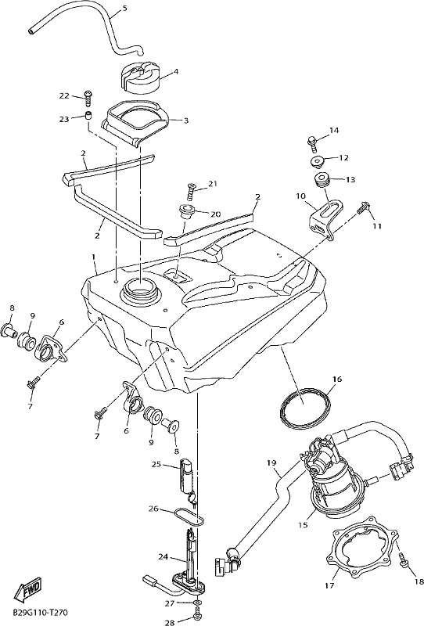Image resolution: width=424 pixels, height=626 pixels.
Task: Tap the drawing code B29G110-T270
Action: click(39, 612)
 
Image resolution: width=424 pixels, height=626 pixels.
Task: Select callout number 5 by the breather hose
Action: click(125, 8)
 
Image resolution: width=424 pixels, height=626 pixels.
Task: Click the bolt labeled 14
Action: click(313, 142)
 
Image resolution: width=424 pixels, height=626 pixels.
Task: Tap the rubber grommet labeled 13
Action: click(321, 179)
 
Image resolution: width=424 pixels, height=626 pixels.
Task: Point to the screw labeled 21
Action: click(192, 191)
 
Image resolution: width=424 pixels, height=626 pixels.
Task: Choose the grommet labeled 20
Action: click(185, 210)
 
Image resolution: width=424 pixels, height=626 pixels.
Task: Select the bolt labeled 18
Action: click(404, 560)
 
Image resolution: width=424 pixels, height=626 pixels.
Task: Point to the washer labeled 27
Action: click(197, 602)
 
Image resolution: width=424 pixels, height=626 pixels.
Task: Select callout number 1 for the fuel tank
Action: click(94, 257)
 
